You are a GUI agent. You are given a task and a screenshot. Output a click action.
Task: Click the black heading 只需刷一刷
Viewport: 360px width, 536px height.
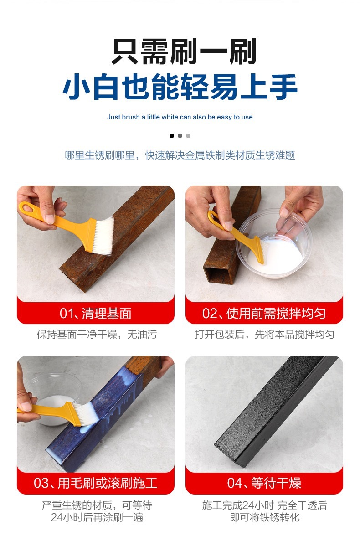tap(184, 52)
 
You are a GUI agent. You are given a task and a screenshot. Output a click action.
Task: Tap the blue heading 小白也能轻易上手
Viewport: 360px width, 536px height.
tap(180, 87)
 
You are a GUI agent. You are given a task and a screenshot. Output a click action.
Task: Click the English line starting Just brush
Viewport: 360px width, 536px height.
tap(180, 117)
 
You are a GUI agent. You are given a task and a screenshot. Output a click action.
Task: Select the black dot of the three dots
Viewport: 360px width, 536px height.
tap(172, 136)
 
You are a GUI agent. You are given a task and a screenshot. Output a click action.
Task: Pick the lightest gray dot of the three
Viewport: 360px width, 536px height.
tap(188, 136)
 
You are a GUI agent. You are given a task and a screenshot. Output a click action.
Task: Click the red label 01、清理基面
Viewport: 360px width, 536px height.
tap(95, 313)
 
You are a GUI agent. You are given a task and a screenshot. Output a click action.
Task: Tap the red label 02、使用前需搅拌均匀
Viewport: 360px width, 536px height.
tap(264, 313)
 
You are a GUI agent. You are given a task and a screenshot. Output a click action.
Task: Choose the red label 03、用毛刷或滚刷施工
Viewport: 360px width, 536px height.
tap(95, 483)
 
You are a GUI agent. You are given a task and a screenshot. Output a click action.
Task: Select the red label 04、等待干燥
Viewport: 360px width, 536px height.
tap(264, 483)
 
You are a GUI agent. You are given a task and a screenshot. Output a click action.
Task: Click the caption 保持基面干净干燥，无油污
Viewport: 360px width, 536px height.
tap(97, 334)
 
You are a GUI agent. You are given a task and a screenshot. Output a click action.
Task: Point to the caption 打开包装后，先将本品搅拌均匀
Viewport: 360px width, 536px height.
tap(264, 334)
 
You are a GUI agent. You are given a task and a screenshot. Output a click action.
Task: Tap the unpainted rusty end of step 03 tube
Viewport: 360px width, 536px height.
tap(145, 367)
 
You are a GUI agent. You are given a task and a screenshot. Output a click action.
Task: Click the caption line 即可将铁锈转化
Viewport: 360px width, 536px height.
tap(264, 517)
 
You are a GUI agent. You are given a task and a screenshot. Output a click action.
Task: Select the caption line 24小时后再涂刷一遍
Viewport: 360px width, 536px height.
tap(97, 517)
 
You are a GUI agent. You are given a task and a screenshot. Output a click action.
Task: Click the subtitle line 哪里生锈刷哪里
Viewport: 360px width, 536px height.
tap(100, 155)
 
